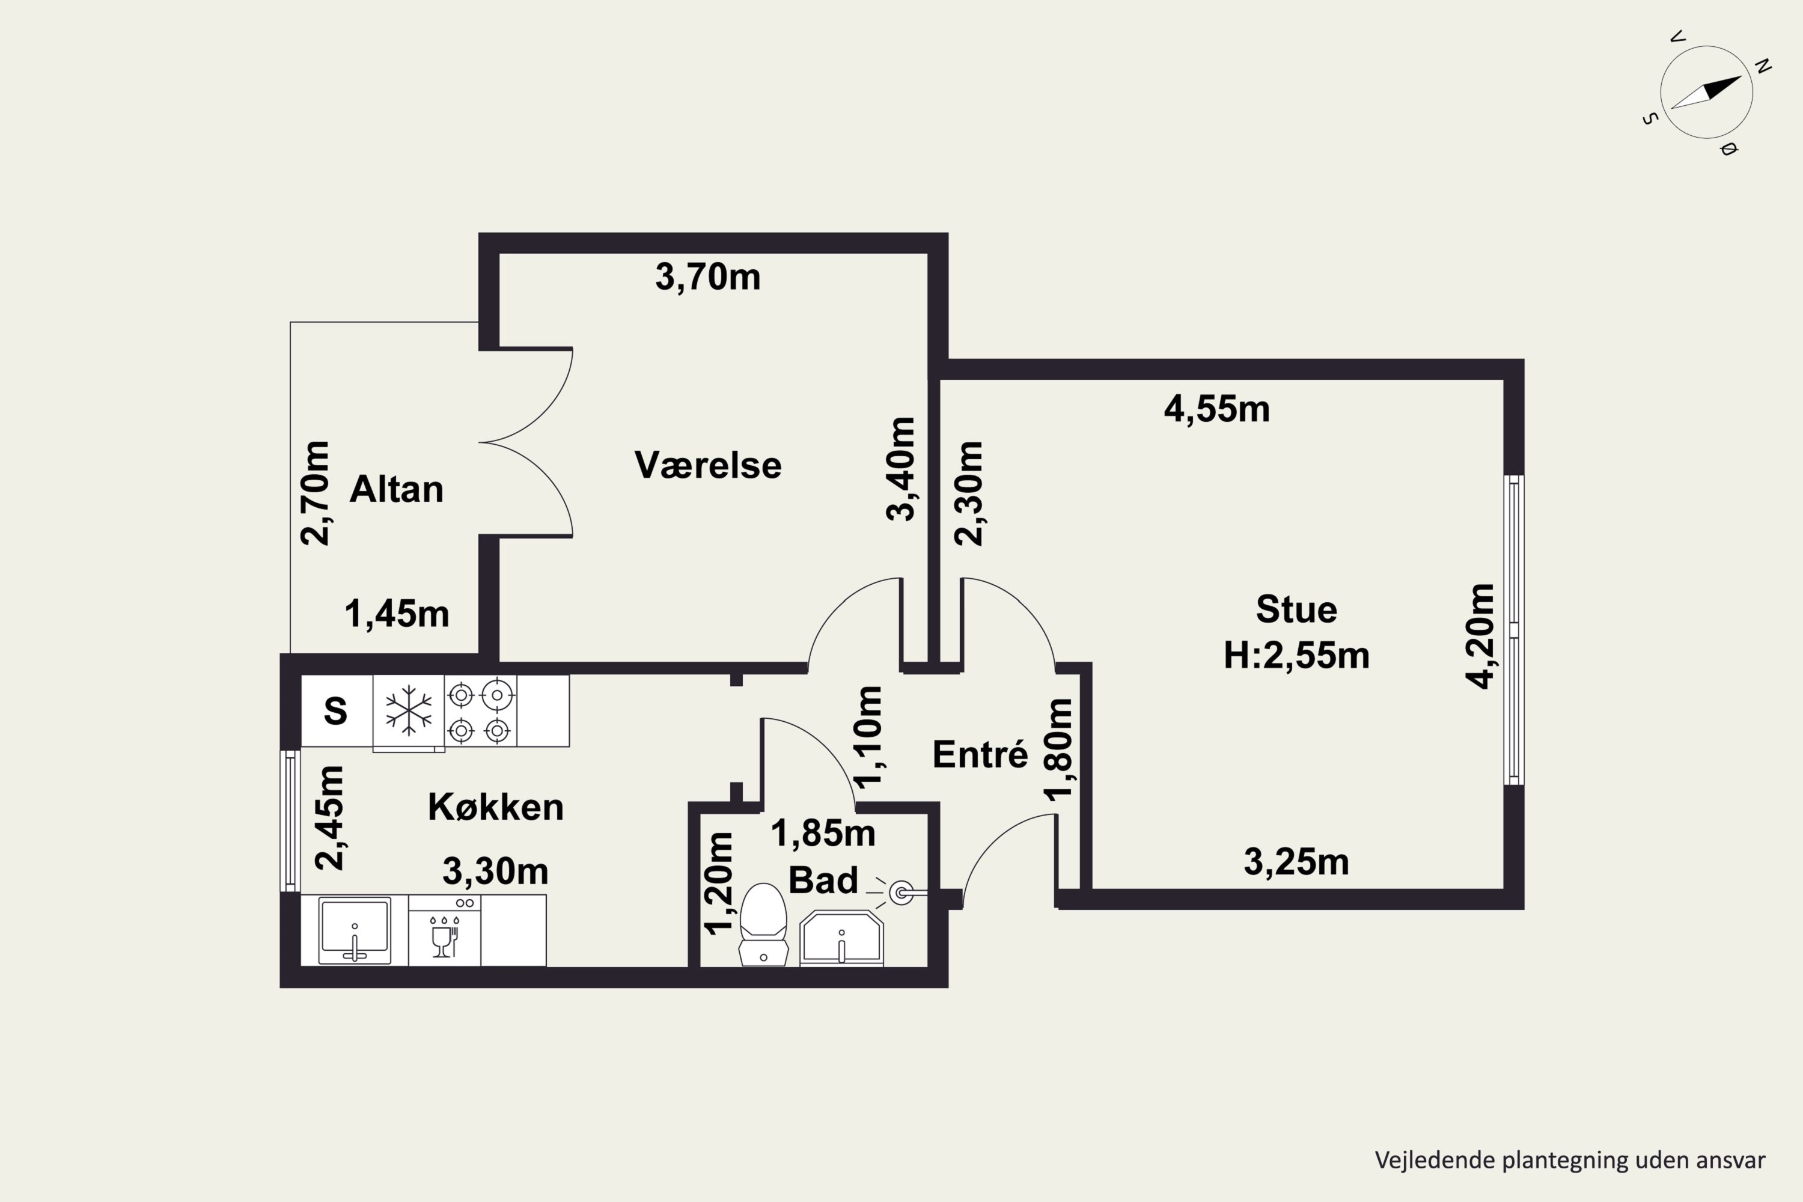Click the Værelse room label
[707, 465]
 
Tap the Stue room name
[1296, 609]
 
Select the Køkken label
[495, 807]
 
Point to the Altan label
[396, 489]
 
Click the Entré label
[980, 754]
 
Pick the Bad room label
[823, 880]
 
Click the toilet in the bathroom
[763, 924]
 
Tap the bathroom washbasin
[841, 938]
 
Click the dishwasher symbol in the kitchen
[445, 930]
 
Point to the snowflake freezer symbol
[409, 710]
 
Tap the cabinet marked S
[337, 710]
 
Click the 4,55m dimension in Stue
[1216, 409]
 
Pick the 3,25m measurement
[1296, 862]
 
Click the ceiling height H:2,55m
[1296, 656]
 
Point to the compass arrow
[1706, 92]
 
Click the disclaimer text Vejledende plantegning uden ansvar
[1570, 1161]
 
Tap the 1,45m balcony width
[396, 614]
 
